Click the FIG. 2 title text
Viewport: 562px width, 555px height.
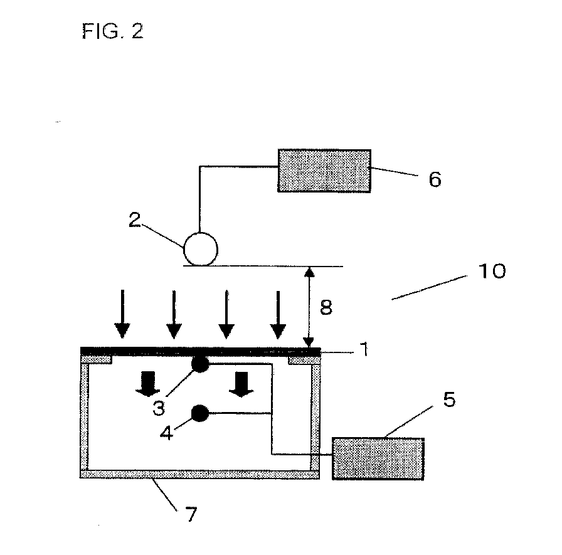pyautogui.click(x=112, y=31)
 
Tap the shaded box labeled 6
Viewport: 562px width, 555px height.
pyautogui.click(x=324, y=171)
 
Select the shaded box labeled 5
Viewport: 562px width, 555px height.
pyautogui.click(x=378, y=458)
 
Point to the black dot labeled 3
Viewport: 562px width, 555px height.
pyautogui.click(x=200, y=364)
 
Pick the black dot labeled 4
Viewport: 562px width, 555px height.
pyautogui.click(x=200, y=413)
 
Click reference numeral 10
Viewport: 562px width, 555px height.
pyautogui.click(x=492, y=272)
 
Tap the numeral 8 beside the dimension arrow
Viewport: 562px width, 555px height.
pyautogui.click(x=326, y=307)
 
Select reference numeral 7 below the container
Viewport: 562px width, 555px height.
pyautogui.click(x=191, y=514)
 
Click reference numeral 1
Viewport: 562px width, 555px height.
pyautogui.click(x=364, y=349)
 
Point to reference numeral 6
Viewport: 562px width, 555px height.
pyautogui.click(x=435, y=179)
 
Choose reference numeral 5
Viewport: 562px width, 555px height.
pyautogui.click(x=449, y=399)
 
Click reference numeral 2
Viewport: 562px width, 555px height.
pyautogui.click(x=135, y=219)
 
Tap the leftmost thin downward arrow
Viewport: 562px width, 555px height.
pyautogui.click(x=122, y=314)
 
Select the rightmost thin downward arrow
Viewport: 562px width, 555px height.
pyautogui.click(x=278, y=315)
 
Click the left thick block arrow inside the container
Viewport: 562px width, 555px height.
pyautogui.click(x=147, y=384)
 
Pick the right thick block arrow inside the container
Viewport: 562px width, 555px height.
pyautogui.click(x=241, y=384)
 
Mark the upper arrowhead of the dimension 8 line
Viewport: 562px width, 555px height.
pyautogui.click(x=309, y=272)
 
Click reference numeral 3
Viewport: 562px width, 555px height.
pyautogui.click(x=159, y=408)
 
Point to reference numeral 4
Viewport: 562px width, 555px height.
pyautogui.click(x=166, y=432)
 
